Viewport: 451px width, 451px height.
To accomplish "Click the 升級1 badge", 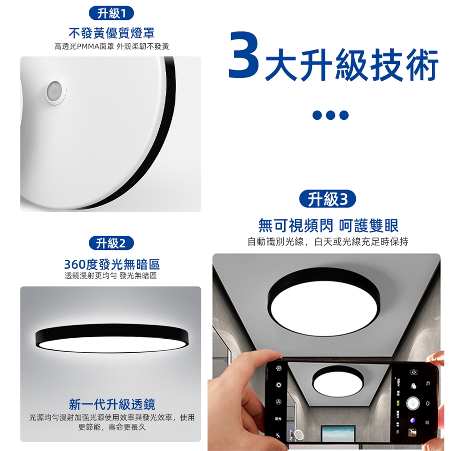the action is coord(111,13).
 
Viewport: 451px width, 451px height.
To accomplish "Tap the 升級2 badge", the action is coord(111,243).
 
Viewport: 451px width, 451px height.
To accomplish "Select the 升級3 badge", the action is coord(327,199).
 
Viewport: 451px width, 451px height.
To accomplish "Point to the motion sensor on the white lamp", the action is coord(56,91).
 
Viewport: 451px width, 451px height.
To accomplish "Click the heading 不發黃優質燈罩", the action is coord(112,33).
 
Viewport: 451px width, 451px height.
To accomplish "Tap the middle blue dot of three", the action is coord(330,115).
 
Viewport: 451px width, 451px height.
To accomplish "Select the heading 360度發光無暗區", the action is coord(112,264).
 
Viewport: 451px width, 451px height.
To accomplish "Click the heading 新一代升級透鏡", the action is coord(112,404).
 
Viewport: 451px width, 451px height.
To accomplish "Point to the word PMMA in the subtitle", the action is coord(88,47).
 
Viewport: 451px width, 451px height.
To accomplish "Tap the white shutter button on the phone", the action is coord(413,403).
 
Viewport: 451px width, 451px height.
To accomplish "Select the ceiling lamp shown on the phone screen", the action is coord(338,381).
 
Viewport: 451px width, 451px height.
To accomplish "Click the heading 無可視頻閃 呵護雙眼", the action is coord(328,225).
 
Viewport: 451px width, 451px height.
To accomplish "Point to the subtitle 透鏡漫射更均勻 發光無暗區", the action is coord(111,276).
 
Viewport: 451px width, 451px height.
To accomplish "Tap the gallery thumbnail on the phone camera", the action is coord(412,432).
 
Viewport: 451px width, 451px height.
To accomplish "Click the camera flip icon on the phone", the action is coord(413,372).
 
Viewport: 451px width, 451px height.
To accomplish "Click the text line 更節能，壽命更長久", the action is coord(112,428).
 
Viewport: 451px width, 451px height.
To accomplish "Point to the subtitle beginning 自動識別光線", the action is coord(328,241).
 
